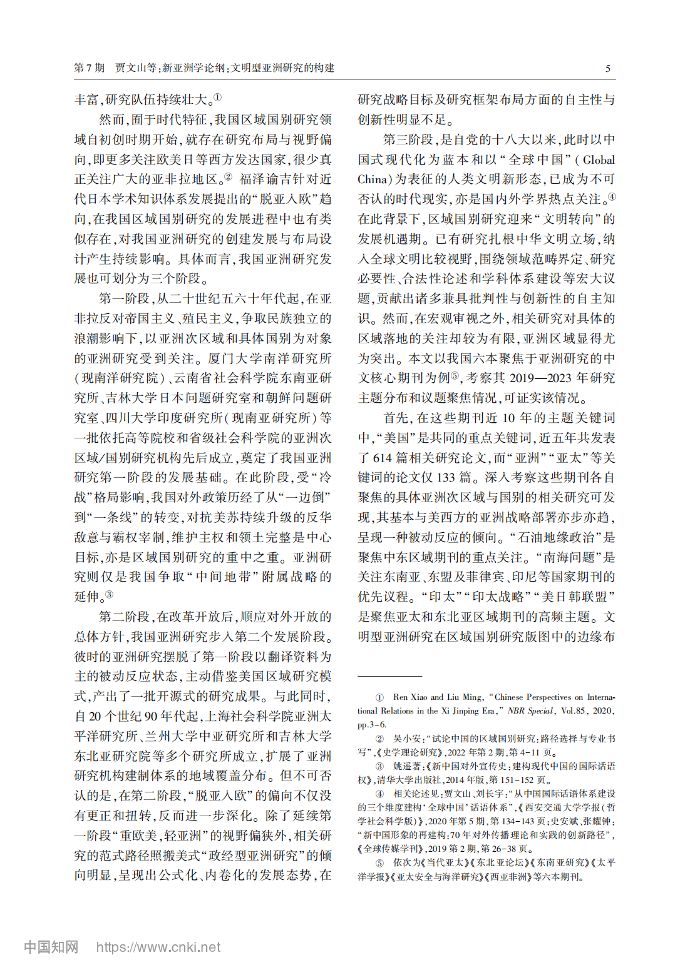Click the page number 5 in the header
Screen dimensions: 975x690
coord(607,69)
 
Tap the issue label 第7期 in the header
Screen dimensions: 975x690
coord(89,68)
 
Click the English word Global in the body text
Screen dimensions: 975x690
coord(599,159)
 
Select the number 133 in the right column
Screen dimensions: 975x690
coord(446,478)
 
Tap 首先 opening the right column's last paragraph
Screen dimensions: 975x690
coord(396,418)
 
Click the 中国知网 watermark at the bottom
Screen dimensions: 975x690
coord(51,947)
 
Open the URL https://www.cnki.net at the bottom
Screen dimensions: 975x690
coord(158,947)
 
